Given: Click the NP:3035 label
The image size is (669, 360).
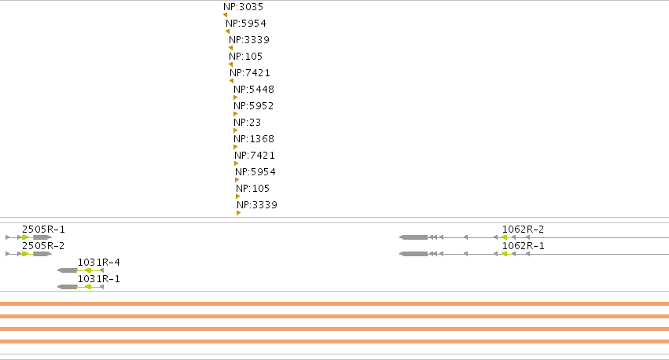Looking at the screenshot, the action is pos(243,7).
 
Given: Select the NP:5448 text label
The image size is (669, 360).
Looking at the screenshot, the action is pos(254,90).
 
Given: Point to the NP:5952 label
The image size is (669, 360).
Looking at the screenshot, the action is pos(253,106).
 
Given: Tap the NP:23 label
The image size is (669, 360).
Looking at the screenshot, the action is pos(247,123).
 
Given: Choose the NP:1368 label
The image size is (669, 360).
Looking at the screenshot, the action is pos(254,139).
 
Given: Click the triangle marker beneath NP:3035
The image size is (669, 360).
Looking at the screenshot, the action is pos(225,15).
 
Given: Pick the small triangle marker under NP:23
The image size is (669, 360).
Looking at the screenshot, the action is pos(236,130).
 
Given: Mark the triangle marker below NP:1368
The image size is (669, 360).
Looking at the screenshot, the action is pos(236,147).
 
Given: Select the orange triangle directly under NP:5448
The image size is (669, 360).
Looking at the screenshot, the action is pos(236,97).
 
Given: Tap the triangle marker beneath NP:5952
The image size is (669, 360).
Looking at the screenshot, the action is pos(236,114).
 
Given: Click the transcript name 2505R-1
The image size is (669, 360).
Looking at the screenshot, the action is pos(43,230).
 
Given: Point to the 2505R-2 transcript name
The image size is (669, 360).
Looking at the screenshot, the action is pos(43,246).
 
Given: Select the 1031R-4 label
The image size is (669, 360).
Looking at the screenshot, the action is pos(99,263).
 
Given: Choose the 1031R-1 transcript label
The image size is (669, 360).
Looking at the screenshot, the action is pos(99,279).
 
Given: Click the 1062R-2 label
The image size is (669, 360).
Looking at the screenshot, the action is pos(523,230).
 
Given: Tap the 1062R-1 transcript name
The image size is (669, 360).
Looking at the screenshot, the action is pos(523,246).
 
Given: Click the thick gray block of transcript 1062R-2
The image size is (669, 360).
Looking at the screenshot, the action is pos(414,237).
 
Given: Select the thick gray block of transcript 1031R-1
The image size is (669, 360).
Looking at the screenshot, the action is pos(68,287).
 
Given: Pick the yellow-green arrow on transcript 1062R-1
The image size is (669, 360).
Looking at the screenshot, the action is pos(505,254).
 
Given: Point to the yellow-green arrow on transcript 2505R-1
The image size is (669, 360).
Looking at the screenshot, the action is pos(25,237).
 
